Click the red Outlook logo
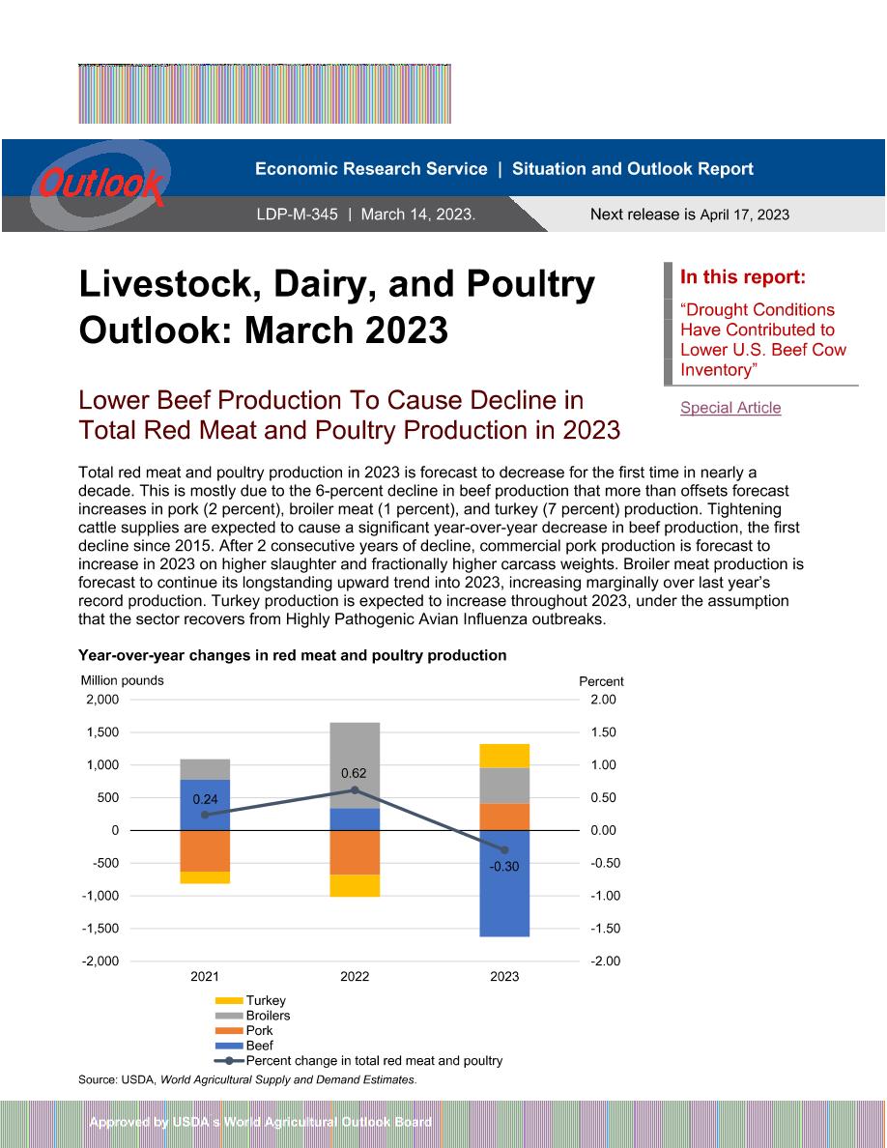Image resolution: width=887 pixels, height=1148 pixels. point(101,183)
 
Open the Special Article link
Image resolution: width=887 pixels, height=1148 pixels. point(730,408)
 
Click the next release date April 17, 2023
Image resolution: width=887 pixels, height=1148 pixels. point(744,215)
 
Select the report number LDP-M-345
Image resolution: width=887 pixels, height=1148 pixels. point(298,215)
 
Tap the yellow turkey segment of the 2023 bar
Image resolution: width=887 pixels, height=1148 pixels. point(504,756)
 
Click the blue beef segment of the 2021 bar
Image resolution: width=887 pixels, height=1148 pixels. point(205,805)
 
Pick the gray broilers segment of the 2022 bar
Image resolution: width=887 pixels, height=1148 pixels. point(355,765)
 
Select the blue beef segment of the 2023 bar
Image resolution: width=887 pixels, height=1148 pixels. point(504,883)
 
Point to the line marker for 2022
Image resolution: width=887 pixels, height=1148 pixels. point(355,790)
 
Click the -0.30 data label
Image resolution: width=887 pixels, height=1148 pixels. point(504,866)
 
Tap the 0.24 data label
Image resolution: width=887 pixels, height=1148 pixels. point(205,799)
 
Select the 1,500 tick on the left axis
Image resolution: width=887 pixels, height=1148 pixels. point(102,732)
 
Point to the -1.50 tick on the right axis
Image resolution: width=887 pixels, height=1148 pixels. point(605,929)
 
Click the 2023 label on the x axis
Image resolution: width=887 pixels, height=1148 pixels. point(504,976)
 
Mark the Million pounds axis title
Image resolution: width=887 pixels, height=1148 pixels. point(122,680)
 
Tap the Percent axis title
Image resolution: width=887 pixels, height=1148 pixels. point(601,681)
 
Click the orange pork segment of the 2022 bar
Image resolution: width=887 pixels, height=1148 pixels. point(355,852)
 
